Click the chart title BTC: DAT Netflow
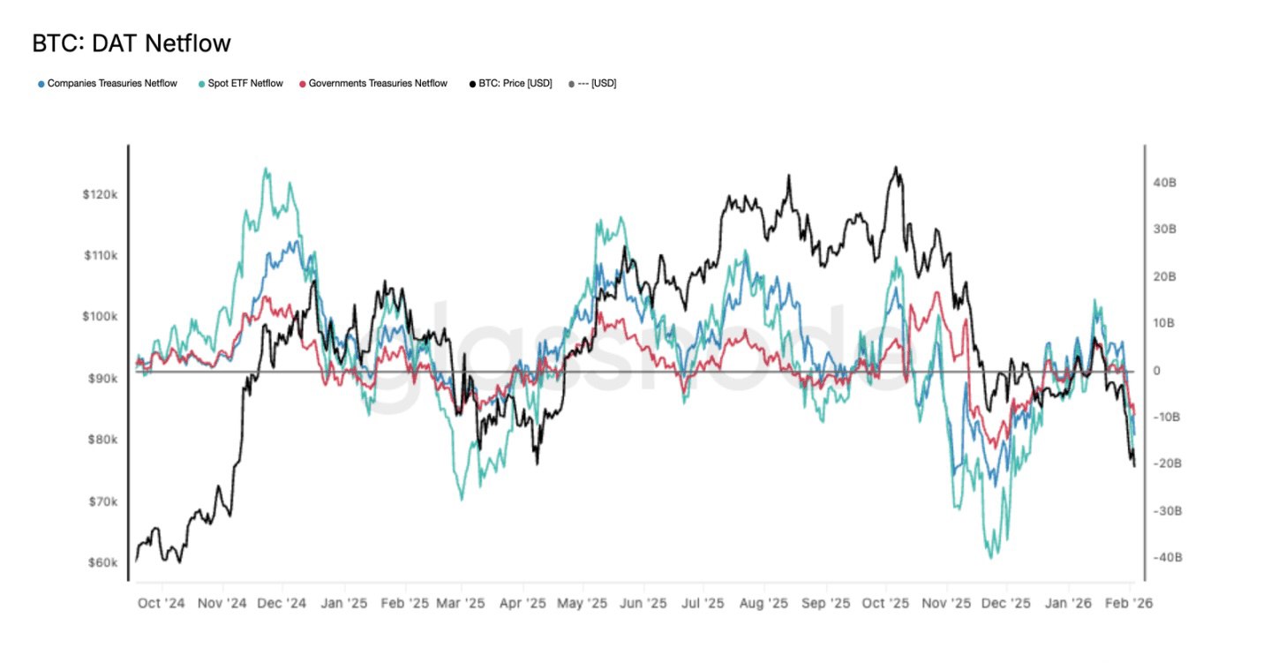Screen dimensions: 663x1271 point(132,42)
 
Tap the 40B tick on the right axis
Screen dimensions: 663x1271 point(1164,182)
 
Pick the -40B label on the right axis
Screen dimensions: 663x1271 point(1166,557)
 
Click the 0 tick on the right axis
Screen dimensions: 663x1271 point(1156,370)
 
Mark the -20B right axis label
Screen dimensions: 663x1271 point(1166,463)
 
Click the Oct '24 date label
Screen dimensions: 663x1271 point(162,604)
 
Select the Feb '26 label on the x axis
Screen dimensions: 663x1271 point(1129,604)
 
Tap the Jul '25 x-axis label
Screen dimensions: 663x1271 point(703,604)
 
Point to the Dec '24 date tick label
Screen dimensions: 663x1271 point(282,604)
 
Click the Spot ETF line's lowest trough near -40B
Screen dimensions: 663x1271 point(991,557)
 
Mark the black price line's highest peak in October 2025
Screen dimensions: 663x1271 point(896,167)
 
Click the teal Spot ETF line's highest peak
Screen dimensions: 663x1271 point(267,169)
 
